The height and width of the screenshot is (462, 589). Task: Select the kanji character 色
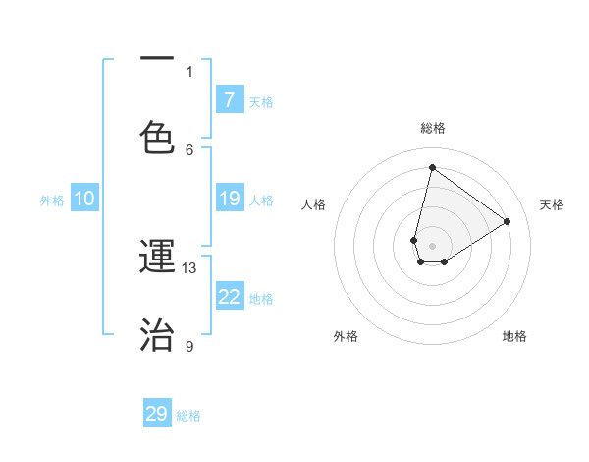click(157, 135)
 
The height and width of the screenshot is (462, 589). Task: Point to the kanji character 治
click(157, 333)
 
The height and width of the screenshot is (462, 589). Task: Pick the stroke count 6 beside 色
click(189, 149)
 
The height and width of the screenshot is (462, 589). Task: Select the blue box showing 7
click(230, 99)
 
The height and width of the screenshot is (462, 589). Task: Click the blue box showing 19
click(230, 199)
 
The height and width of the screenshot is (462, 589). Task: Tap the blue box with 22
click(230, 297)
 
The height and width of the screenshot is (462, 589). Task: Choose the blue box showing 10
click(84, 199)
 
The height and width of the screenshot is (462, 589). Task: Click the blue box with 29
click(157, 414)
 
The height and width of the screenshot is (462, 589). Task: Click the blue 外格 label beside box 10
click(52, 200)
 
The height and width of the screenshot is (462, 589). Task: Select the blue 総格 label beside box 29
click(188, 416)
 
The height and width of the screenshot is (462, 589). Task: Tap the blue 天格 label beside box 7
click(261, 101)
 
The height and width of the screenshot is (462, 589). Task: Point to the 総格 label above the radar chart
click(433, 128)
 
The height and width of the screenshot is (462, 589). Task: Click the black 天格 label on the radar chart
click(552, 204)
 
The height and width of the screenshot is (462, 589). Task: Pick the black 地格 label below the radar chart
click(514, 336)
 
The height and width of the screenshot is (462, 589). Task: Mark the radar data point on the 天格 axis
click(508, 221)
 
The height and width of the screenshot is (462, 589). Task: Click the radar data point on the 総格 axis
click(432, 167)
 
